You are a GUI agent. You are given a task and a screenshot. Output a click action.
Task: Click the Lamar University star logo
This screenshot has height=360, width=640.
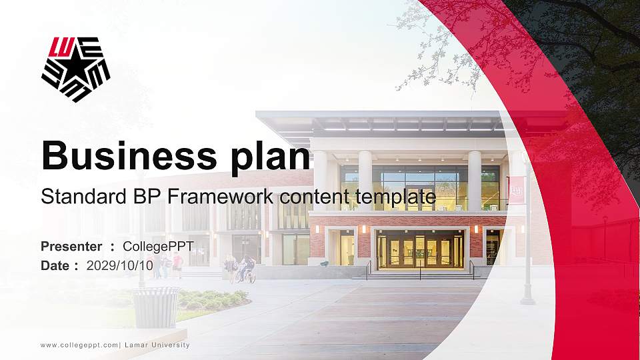point(75,69)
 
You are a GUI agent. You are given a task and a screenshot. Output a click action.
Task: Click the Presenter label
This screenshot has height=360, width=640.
point(71,247)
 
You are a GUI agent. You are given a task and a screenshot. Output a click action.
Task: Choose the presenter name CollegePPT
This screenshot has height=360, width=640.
point(158,247)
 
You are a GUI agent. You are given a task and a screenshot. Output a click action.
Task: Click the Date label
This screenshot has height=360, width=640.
point(57,265)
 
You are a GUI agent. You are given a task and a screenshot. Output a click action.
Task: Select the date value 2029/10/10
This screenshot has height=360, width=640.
point(120,265)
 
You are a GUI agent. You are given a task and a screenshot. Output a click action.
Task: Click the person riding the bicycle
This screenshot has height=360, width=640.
point(246,268)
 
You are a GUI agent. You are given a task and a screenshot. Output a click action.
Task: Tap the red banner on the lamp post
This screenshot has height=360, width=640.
point(517,189)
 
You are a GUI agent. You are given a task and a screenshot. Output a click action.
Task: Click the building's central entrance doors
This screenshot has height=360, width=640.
point(420,253)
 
